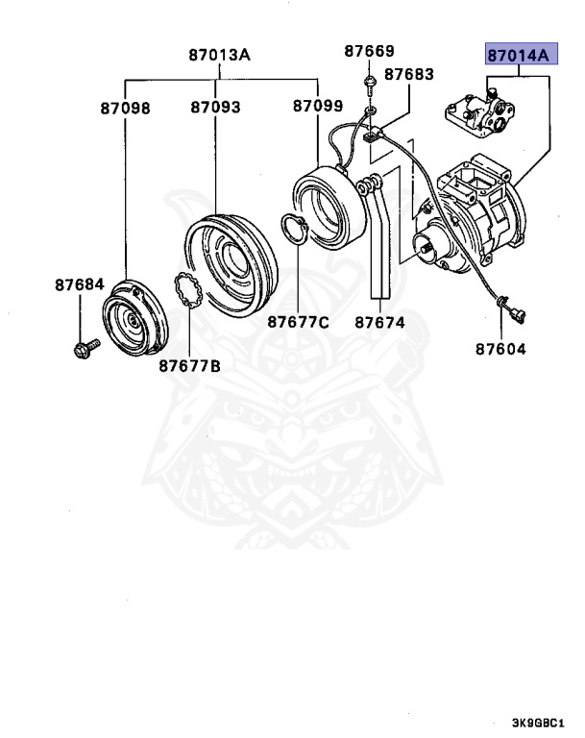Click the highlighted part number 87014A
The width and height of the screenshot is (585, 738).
(x=518, y=56)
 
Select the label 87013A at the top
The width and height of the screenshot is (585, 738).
(x=219, y=56)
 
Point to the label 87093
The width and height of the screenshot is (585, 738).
(x=215, y=109)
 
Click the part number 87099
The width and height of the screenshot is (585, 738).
(x=318, y=109)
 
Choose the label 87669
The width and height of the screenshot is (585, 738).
(x=370, y=51)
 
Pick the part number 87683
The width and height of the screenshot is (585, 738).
(x=409, y=74)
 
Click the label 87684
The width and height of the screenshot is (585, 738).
(x=80, y=284)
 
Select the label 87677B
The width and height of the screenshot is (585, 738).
(x=189, y=365)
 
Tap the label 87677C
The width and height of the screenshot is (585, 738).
(x=298, y=322)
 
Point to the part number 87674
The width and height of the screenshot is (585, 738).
(x=379, y=322)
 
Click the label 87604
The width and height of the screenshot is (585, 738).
(x=500, y=349)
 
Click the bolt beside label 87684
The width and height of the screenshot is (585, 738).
(x=84, y=347)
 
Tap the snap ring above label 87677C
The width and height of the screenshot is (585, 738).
(x=294, y=231)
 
